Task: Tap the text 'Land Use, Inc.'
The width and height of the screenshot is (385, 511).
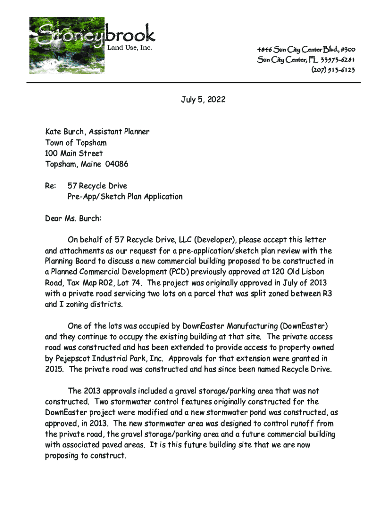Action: pyautogui.click(x=130, y=48)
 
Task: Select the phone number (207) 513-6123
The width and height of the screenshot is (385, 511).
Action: pyautogui.click(x=333, y=70)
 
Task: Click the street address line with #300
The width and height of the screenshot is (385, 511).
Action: pyautogui.click(x=306, y=50)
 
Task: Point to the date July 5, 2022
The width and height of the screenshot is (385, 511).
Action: pyautogui.click(x=203, y=100)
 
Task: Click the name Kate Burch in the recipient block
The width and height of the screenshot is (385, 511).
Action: pyautogui.click(x=63, y=132)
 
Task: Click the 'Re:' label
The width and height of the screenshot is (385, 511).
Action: pyautogui.click(x=50, y=186)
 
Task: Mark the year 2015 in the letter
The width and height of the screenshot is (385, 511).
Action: pyautogui.click(x=55, y=369)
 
